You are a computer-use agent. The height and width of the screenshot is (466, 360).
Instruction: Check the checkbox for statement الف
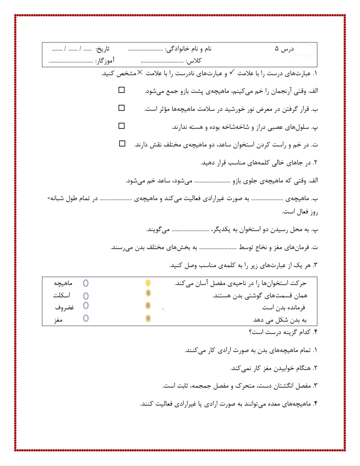point(122,90)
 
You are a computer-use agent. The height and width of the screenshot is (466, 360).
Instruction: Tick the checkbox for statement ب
point(122,108)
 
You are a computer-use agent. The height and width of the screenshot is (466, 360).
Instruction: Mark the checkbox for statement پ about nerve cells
point(122,126)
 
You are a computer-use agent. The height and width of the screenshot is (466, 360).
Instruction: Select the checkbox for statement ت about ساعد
point(122,144)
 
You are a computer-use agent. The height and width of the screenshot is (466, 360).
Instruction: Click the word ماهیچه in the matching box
point(63,283)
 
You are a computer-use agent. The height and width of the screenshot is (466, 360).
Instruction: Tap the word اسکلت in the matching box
point(62,295)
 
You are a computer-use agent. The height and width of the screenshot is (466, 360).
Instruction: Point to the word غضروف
point(64,307)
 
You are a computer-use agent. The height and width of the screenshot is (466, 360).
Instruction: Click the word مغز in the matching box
point(58,320)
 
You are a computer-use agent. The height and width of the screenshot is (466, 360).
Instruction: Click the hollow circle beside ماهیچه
point(86,283)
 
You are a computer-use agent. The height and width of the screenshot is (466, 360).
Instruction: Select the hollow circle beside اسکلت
point(86,296)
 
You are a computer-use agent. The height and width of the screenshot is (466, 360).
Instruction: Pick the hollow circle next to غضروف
point(86,305)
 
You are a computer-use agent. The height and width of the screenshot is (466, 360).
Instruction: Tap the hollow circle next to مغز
point(86,318)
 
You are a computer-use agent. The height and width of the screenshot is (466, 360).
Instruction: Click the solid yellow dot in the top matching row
point(148,283)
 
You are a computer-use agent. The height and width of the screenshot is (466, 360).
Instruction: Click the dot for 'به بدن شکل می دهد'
point(148,318)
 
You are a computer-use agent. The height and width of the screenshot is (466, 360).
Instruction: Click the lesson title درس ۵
point(284,49)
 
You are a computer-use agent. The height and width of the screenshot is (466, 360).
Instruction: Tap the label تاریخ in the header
point(103,49)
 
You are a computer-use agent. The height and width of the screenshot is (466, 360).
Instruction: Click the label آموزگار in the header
point(105,61)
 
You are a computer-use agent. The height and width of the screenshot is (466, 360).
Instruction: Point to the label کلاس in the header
point(194,61)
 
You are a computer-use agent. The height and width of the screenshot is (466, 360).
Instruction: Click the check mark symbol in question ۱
point(232,72)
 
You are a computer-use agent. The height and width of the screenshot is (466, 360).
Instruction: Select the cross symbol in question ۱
point(140,72)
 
